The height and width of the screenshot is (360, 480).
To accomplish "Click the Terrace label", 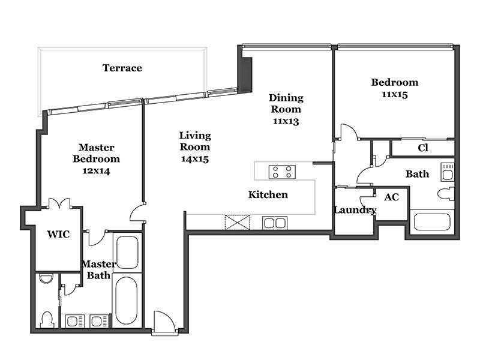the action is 122,68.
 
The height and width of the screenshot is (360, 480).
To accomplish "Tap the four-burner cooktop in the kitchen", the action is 282,172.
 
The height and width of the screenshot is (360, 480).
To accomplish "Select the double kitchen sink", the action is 275,223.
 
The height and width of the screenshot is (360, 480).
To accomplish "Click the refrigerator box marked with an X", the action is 238,223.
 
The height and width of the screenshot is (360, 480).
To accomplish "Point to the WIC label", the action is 58,235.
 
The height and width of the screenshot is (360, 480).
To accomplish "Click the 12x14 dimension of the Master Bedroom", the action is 97,171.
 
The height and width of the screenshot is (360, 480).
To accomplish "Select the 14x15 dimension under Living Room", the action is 195,159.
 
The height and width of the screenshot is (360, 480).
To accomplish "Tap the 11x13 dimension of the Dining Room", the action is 286,121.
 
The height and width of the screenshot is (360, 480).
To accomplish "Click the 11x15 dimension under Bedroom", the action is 395,95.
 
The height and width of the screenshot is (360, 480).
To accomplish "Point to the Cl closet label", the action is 423,148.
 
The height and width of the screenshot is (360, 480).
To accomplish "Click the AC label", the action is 392,197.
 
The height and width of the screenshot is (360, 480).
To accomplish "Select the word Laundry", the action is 355,211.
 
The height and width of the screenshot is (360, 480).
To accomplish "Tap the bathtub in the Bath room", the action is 432,222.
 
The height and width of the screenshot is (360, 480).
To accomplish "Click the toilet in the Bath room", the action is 445,194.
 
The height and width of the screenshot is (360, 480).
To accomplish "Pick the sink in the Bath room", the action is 447,172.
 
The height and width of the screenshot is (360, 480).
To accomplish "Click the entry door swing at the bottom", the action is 164,322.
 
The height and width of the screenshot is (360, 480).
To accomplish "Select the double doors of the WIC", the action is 59,203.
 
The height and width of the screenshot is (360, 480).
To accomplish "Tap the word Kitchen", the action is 268,194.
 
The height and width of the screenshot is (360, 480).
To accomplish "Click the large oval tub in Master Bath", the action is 127,301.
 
